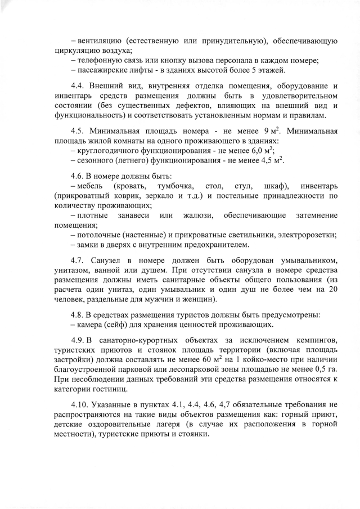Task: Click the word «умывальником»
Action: pyautogui.click(x=308, y=261)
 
